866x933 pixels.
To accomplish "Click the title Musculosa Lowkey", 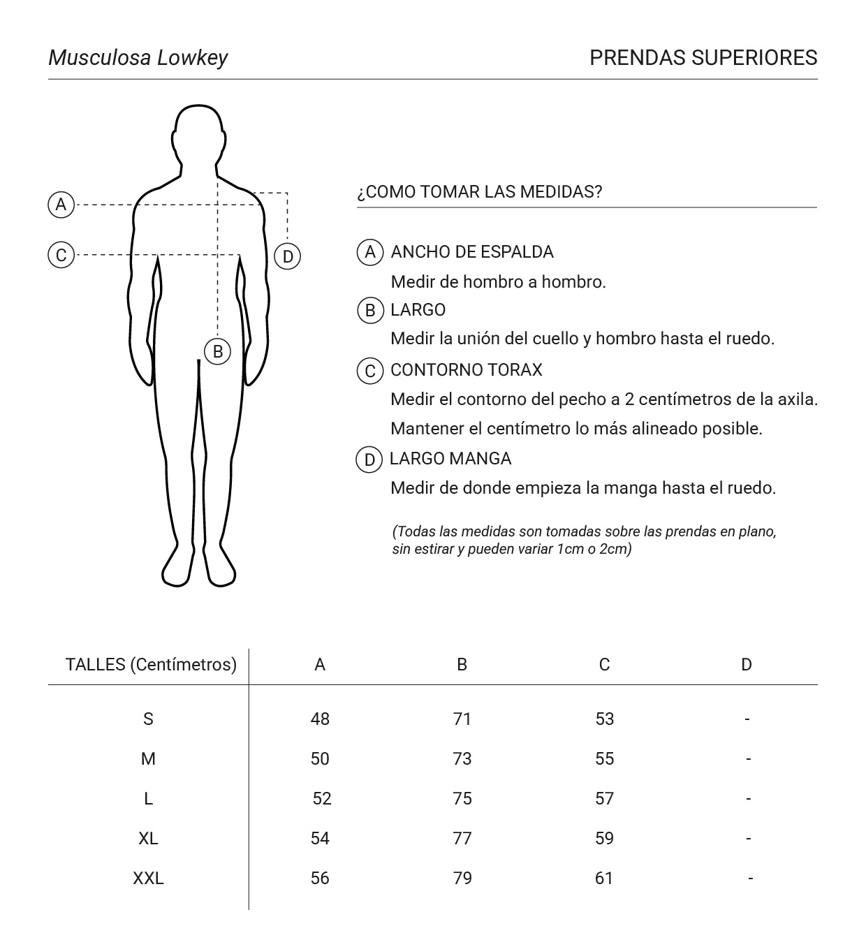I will tap(138, 57).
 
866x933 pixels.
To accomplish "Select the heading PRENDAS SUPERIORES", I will tap(703, 57).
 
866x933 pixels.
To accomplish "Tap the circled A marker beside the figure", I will tap(61, 205).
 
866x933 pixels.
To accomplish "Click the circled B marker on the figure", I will tap(218, 351).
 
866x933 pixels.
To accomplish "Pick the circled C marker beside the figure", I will tap(61, 255).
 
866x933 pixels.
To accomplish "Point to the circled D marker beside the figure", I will tap(288, 256).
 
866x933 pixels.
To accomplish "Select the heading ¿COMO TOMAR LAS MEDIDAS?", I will tap(479, 191).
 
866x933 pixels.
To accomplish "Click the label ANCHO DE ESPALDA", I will tap(472, 251).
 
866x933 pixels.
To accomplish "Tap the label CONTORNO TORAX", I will tap(466, 369).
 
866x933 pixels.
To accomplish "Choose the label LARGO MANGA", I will tap(450, 458).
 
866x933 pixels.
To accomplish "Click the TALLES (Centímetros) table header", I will tap(151, 664).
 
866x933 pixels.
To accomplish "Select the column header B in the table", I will tap(462, 665).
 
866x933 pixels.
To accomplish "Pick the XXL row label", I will tap(148, 878).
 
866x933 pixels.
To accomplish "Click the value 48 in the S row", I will tap(320, 719).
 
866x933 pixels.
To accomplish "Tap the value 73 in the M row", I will tap(462, 758).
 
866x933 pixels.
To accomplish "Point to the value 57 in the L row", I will tap(604, 798).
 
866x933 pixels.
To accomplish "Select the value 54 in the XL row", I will tap(320, 838).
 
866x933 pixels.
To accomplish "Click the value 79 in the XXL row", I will tap(462, 878).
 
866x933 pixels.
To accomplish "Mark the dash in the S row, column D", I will tap(747, 719).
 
